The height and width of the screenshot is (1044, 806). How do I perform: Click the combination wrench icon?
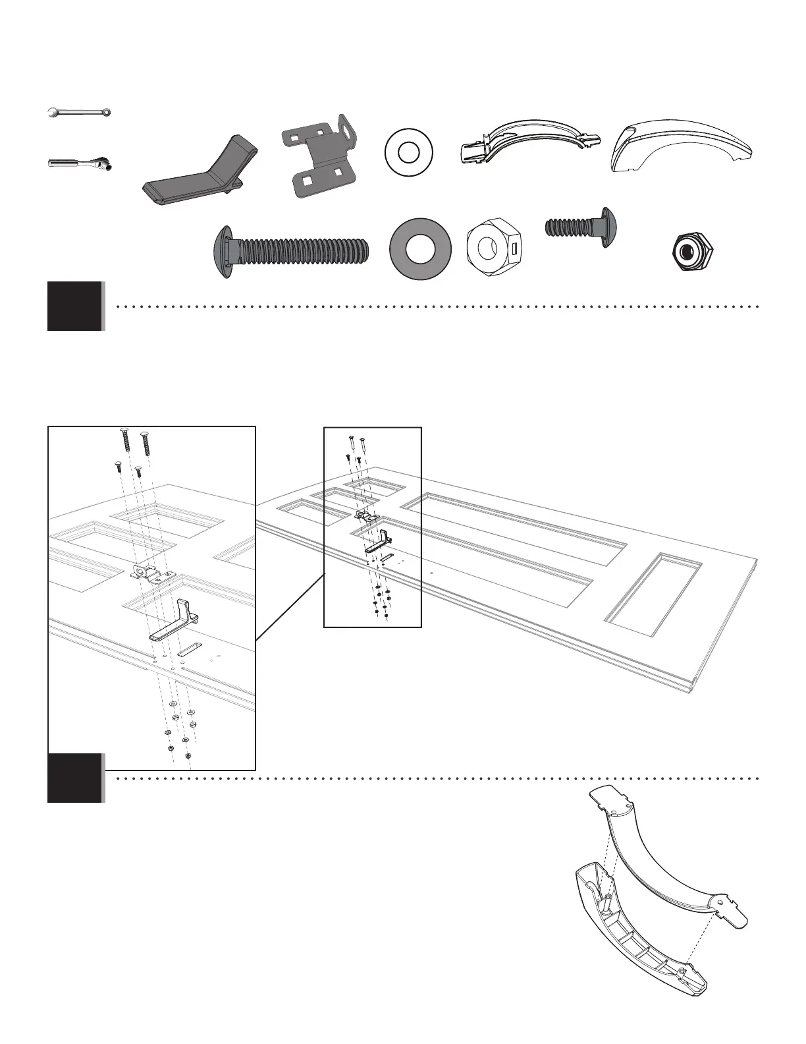[80, 113]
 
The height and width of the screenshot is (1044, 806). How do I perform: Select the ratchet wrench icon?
[80, 162]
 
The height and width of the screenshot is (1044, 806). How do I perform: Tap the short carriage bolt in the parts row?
[583, 227]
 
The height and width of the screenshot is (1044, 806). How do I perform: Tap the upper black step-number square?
[75, 306]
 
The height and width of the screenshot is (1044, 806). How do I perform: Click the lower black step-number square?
[75, 778]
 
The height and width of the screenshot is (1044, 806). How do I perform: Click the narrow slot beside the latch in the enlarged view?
[190, 649]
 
